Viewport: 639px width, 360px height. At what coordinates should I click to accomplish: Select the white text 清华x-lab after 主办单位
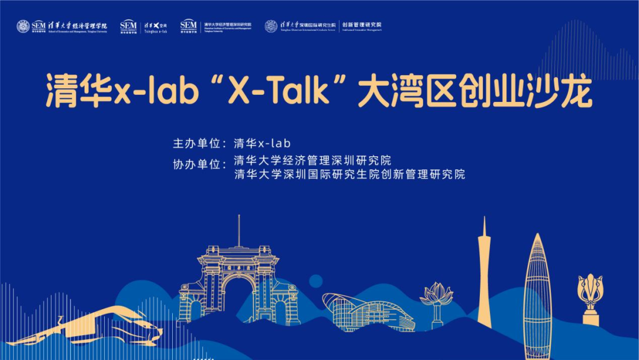(263, 143)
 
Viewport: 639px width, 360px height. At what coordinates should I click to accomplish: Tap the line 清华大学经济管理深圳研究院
(312, 160)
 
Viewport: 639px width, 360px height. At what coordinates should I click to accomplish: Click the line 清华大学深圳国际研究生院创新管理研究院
(349, 175)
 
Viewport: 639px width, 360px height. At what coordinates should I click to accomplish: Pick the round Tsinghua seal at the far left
(23, 26)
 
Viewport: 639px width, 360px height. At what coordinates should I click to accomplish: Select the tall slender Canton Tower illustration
(484, 272)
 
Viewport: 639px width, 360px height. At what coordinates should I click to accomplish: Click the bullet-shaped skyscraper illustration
(537, 290)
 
